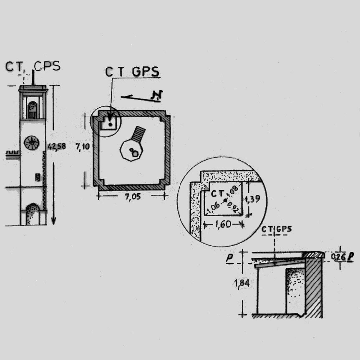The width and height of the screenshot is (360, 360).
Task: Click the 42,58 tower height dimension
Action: point(57,146)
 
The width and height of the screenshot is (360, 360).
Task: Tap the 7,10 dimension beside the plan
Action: point(83,146)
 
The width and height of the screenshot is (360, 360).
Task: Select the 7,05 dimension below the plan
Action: point(133,197)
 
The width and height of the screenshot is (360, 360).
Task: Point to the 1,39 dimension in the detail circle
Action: point(252,199)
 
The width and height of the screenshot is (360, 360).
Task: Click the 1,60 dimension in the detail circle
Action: point(224,224)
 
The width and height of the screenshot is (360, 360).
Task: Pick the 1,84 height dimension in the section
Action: point(242,283)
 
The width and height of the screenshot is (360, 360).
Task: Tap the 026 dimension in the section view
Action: point(338,257)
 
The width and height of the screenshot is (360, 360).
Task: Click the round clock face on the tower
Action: point(32,143)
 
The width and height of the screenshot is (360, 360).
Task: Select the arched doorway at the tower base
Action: point(32,214)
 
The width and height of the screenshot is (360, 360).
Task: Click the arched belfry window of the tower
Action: point(33,110)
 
